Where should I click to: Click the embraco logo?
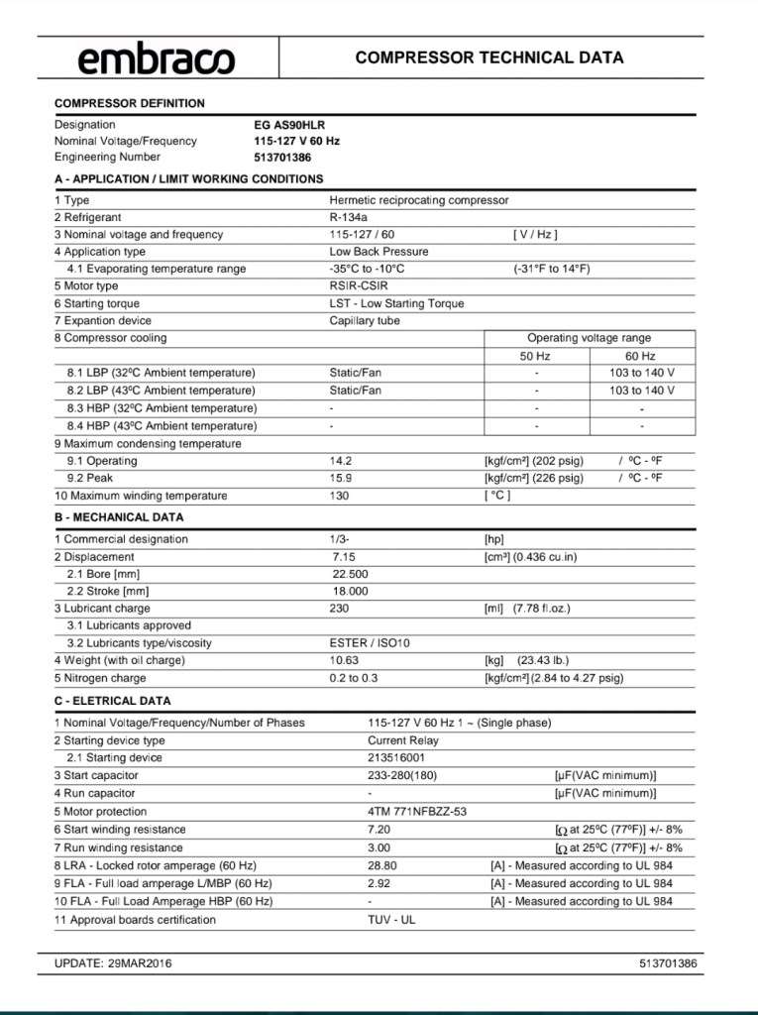coord(157,59)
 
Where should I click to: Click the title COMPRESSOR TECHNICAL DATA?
coord(489,58)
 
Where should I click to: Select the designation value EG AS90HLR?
coord(289,126)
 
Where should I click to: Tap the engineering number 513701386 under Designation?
coord(282,158)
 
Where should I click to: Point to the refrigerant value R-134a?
coord(349,217)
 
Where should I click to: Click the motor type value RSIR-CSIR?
coord(359,286)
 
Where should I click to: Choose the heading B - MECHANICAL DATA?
coord(119,517)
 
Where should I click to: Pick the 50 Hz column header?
coord(535,356)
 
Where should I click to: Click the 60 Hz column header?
coord(640,356)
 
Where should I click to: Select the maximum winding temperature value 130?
coord(340,496)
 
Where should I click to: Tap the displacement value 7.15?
coord(345,557)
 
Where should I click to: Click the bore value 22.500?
coord(351,574)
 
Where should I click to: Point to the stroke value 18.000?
coord(351,592)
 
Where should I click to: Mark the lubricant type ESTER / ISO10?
coord(370,643)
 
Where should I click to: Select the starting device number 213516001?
coord(396,758)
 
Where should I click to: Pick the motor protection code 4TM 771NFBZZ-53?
coord(417,812)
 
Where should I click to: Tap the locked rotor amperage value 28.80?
coord(382,865)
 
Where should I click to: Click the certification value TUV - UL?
coord(391,920)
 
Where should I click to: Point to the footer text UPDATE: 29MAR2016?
coord(113,963)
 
